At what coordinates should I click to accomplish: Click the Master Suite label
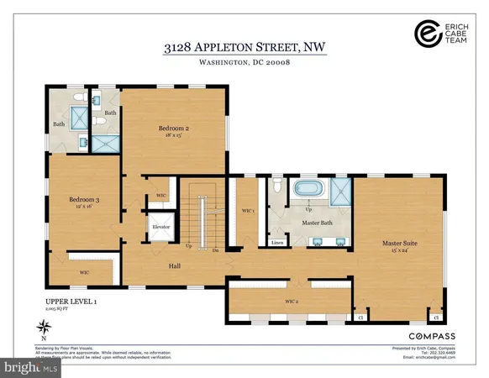(x=400, y=244)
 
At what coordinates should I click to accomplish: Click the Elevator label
(x=161, y=227)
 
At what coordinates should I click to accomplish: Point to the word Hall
(x=175, y=265)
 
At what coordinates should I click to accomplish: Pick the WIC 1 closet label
(x=247, y=211)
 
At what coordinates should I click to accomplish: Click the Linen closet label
(x=277, y=244)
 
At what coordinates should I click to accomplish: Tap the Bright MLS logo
(x=31, y=367)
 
